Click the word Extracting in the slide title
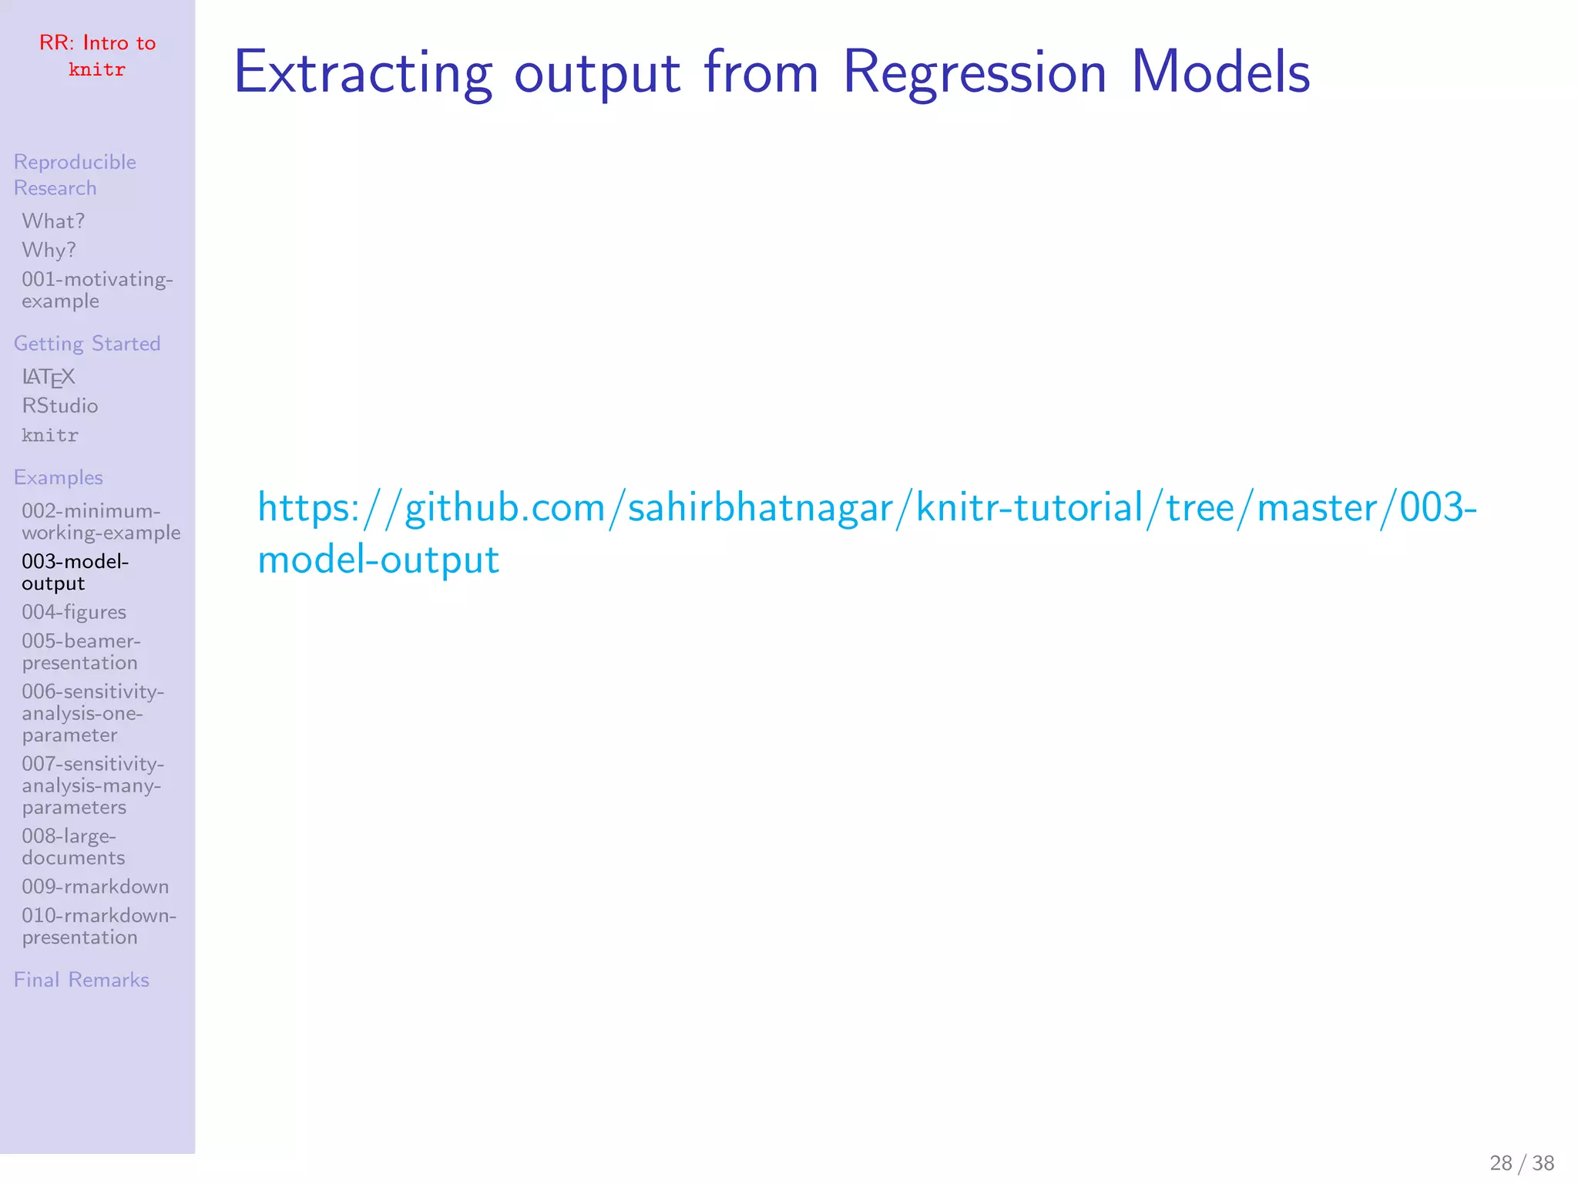362,72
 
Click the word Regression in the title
975,72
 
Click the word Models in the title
1220,72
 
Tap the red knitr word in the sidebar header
97,70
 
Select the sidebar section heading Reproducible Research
75,175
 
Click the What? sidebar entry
53,221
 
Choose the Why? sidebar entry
49,251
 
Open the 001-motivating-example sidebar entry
97,290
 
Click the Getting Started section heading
87,344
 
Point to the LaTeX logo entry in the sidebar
49,377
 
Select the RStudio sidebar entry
60,406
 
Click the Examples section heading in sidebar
59,478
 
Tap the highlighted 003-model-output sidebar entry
75,573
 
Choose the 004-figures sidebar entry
74,613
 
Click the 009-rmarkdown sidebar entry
95,887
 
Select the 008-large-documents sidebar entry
73,847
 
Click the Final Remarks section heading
82,980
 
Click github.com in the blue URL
505,509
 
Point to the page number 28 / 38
1522,1162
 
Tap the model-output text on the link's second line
378,560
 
